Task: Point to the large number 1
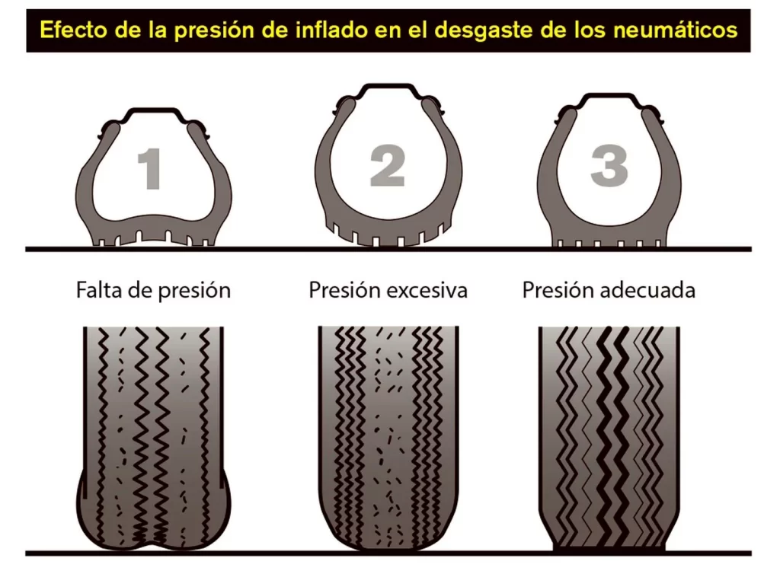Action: pos(150,168)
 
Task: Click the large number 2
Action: pos(388,165)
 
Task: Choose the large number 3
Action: pos(609,165)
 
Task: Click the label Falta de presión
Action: pos(153,290)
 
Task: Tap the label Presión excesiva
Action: pos(388,290)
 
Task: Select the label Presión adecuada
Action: pos(609,290)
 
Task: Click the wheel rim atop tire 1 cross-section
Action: pos(153,110)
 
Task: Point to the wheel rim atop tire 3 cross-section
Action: pos(609,96)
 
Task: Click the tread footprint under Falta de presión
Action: pos(153,437)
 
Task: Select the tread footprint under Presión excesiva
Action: pos(388,437)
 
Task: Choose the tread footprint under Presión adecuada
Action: pos(609,437)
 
